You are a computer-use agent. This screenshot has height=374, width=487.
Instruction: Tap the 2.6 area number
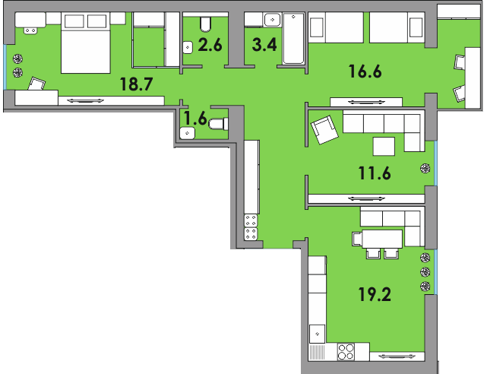click(209, 45)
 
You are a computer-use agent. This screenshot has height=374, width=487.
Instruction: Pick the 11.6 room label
click(374, 173)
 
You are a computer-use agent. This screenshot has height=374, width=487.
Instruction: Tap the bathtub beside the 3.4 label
click(293, 40)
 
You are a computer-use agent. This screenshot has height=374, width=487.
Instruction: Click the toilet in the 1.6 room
click(217, 125)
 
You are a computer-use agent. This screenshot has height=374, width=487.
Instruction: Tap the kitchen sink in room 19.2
click(318, 333)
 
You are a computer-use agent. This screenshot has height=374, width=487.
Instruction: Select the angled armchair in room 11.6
click(325, 129)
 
